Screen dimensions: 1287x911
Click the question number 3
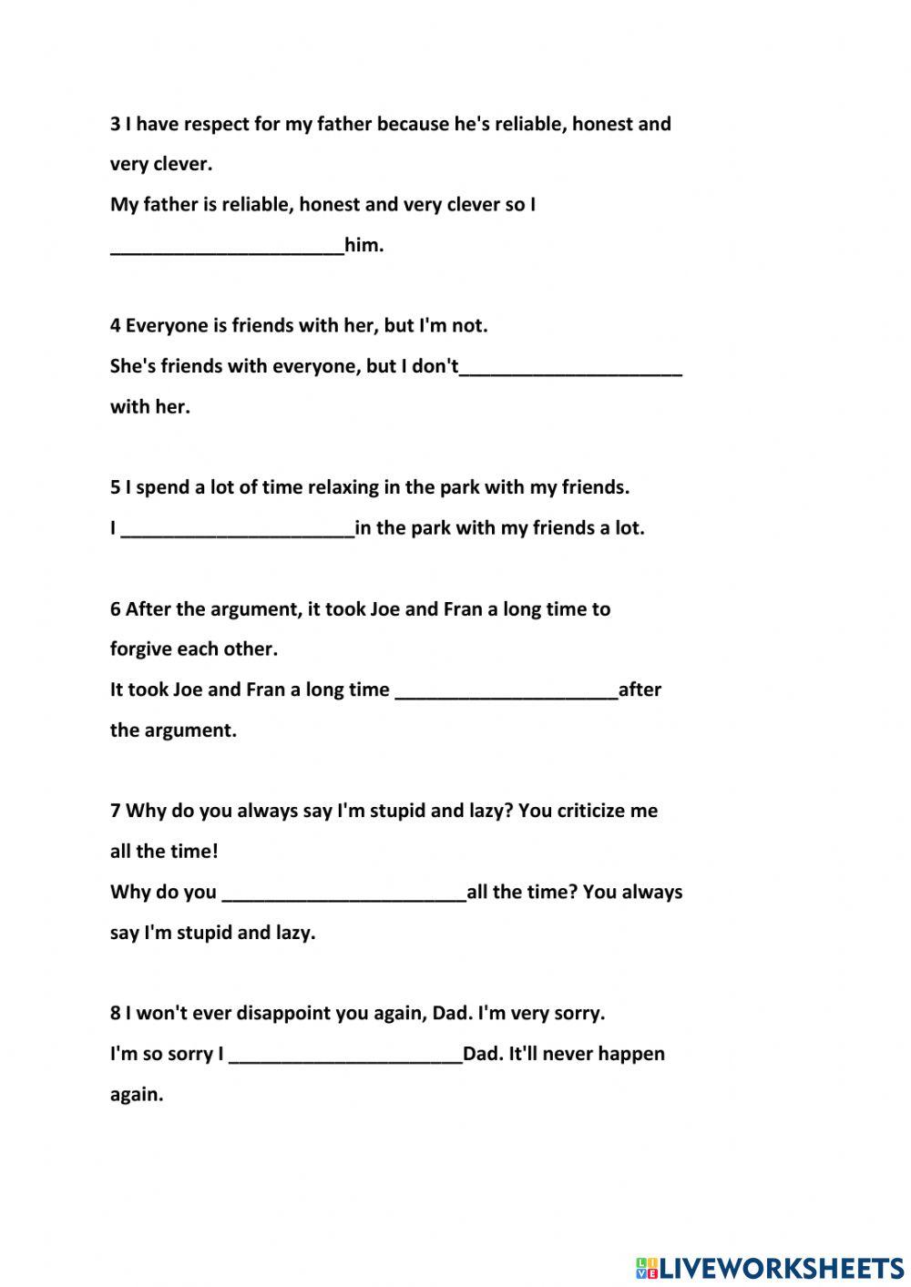[x=115, y=124]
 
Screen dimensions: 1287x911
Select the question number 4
[x=115, y=325]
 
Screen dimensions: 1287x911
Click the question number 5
[x=115, y=487]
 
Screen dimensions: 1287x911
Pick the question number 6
[x=115, y=608]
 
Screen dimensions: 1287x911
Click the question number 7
[x=115, y=811]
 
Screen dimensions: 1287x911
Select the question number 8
[x=115, y=1013]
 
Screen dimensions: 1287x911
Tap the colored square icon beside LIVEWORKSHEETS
[x=646, y=1267]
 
